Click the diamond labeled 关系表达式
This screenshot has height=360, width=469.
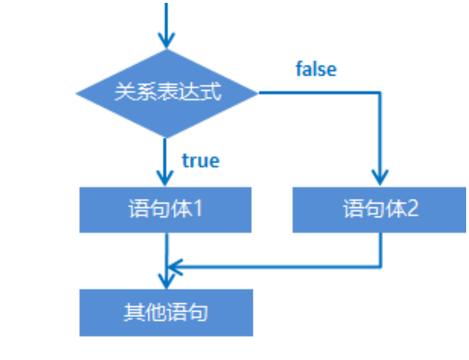(166, 93)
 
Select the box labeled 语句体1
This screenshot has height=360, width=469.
(165, 210)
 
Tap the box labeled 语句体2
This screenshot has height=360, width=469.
(380, 210)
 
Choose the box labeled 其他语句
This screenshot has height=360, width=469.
(166, 313)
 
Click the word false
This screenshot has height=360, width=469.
(316, 69)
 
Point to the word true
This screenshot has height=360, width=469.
(200, 161)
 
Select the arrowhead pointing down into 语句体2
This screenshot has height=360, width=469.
(380, 177)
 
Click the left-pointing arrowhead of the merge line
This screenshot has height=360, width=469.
(173, 266)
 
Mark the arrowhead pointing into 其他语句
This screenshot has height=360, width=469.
(166, 281)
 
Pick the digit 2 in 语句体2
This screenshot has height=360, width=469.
(412, 210)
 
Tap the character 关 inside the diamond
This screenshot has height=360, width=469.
(123, 93)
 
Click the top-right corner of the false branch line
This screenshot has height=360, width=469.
(380, 93)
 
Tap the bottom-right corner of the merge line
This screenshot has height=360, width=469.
(380, 266)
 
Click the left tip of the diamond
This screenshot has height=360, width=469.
(77, 93)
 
